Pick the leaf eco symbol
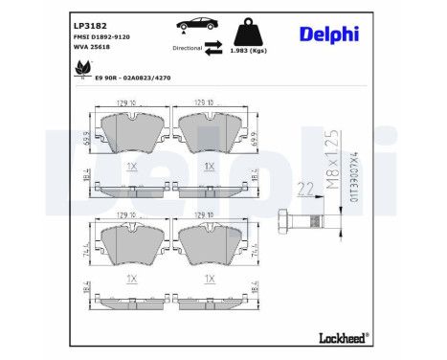tap(82, 70)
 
